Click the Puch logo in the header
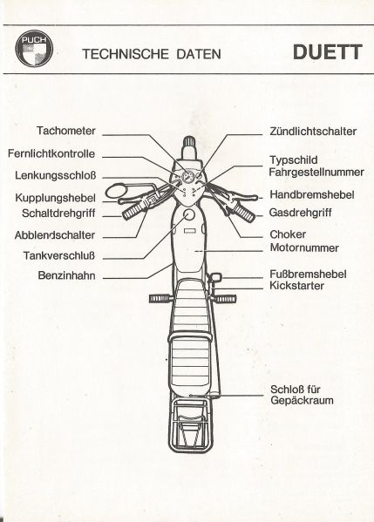pyautogui.click(x=34, y=48)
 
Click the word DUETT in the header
pyautogui.click(x=328, y=52)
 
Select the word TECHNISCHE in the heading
pyautogui.click(x=126, y=54)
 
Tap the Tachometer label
pyautogui.click(x=66, y=131)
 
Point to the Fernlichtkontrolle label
pyautogui.click(x=51, y=153)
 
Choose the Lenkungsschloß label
pyautogui.click(x=55, y=175)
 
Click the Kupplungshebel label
pyautogui.click(x=55, y=198)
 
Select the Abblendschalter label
pyautogui.click(x=55, y=235)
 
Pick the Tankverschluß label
pyautogui.click(x=59, y=255)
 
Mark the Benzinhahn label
pyautogui.click(x=66, y=275)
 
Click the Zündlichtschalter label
pyautogui.click(x=313, y=132)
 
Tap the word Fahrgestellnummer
pyautogui.click(x=316, y=173)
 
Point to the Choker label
pyautogui.click(x=288, y=234)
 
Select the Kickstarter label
pyautogui.click(x=296, y=286)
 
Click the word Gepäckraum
pyautogui.click(x=302, y=400)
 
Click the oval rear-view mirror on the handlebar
pyautogui.click(x=117, y=192)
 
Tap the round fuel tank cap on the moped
pyautogui.click(x=189, y=215)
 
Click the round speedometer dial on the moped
pyautogui.click(x=188, y=176)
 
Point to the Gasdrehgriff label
pyautogui.click(x=300, y=213)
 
